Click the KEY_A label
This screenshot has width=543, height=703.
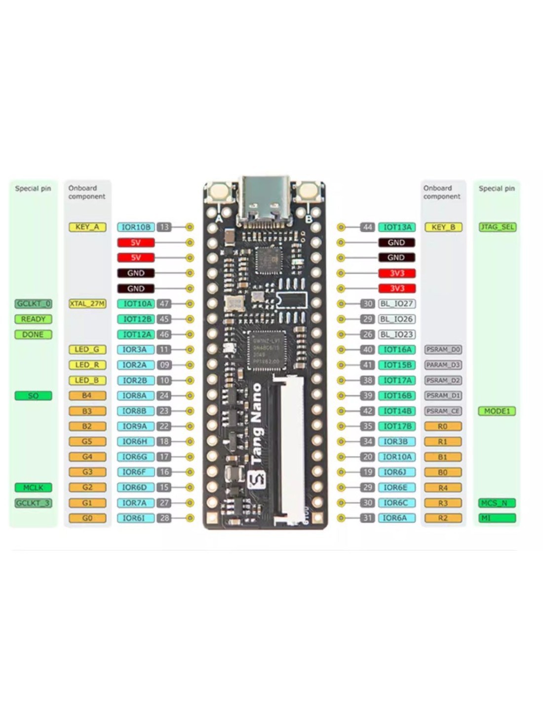point(87,227)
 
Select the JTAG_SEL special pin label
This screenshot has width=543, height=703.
point(497,227)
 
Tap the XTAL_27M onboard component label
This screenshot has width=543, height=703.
point(87,304)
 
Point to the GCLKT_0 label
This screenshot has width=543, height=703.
point(33,304)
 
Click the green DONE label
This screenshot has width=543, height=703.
point(33,335)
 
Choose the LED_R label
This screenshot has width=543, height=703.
point(87,365)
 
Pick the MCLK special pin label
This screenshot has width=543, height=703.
point(33,487)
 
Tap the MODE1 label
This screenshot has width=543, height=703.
point(497,411)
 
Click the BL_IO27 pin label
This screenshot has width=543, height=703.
point(396,304)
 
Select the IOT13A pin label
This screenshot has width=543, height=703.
point(397,227)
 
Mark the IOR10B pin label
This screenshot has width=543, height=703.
point(136,227)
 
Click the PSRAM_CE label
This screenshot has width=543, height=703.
point(443,411)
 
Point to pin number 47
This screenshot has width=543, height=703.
point(164,304)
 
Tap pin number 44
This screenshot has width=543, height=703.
point(367,227)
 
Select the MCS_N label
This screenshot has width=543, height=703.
point(497,503)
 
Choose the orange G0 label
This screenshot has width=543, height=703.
point(87,518)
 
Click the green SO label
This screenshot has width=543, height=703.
point(33,395)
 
